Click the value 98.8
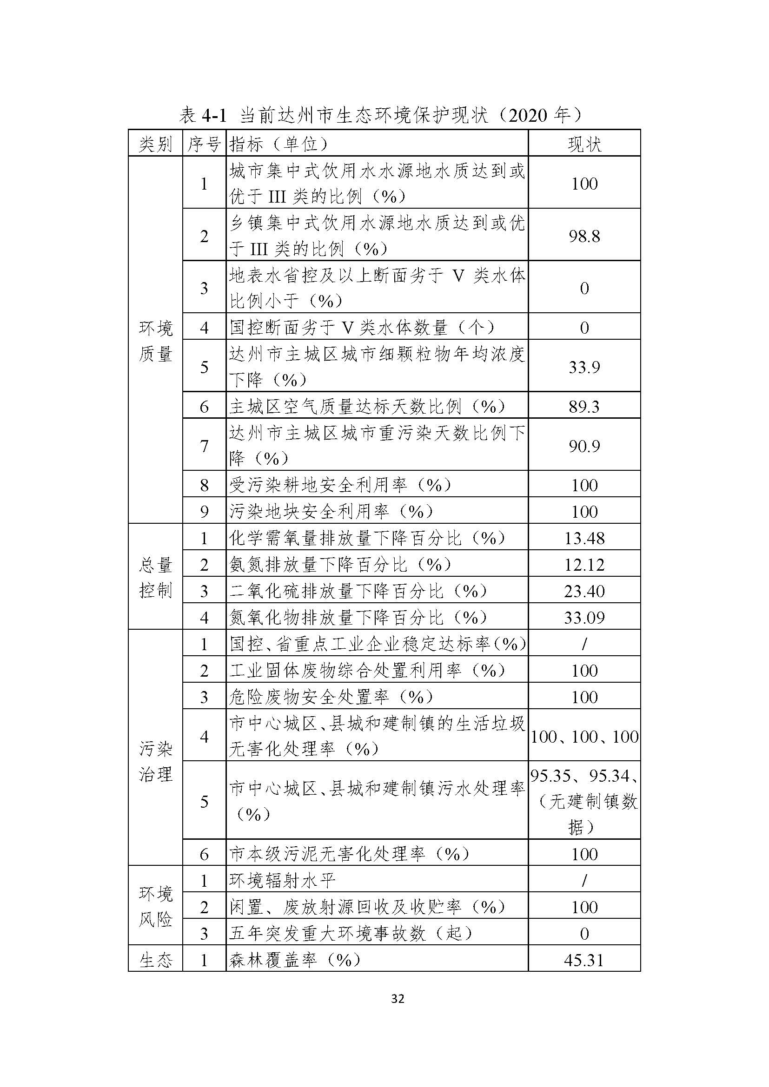[584, 236]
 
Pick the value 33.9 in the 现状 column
[584, 367]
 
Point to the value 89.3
[584, 406]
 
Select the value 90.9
[584, 446]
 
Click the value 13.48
[584, 538]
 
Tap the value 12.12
[584, 565]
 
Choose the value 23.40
[584, 591]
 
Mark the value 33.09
[584, 617]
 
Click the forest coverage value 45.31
[584, 960]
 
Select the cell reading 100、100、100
[584, 737]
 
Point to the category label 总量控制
[155, 578]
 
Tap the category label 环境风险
[155, 907]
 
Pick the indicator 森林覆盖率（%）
[294, 960]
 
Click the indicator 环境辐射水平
[283, 881]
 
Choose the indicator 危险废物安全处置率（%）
[331, 697]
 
